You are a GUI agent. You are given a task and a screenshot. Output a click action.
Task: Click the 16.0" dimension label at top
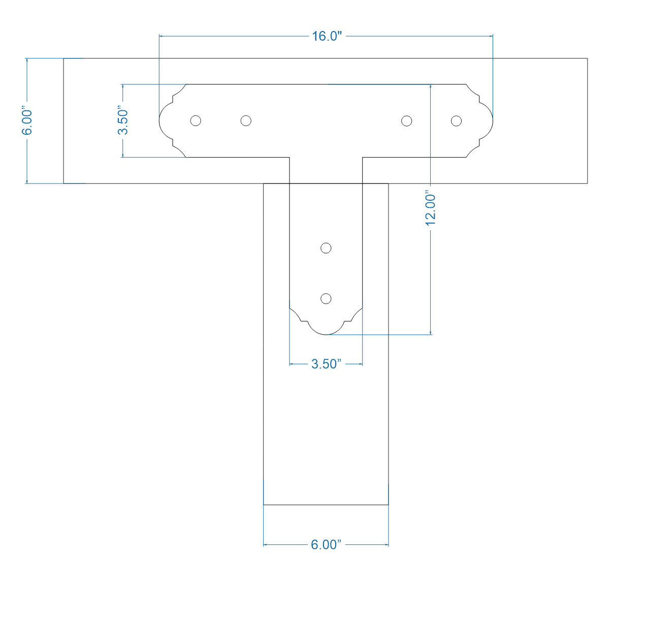[327, 36]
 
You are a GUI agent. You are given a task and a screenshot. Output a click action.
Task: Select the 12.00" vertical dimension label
[431, 208]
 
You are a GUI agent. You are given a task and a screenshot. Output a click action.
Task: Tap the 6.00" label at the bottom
[326, 545]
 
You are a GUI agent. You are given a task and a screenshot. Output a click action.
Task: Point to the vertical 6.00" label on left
[27, 121]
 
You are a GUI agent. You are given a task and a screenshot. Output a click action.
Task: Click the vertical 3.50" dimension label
[122, 120]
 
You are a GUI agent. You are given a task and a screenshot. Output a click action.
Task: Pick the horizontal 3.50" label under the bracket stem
[326, 364]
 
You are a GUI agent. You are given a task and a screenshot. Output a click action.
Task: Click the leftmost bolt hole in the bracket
[196, 120]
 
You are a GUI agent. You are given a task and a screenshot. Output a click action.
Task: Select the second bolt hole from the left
[246, 120]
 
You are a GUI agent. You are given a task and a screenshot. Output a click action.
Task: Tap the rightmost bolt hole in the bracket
[456, 120]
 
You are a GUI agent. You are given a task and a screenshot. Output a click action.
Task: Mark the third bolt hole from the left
[406, 120]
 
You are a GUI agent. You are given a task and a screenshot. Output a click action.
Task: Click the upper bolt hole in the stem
[326, 248]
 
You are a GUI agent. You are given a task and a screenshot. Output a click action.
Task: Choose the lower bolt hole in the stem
[326, 298]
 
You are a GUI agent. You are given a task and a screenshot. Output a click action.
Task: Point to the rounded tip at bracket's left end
[160, 121]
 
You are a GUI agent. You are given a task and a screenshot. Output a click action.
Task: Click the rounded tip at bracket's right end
[492, 121]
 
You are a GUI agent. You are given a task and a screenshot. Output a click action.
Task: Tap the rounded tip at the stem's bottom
[326, 334]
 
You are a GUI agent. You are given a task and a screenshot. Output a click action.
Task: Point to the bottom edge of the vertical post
[326, 505]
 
